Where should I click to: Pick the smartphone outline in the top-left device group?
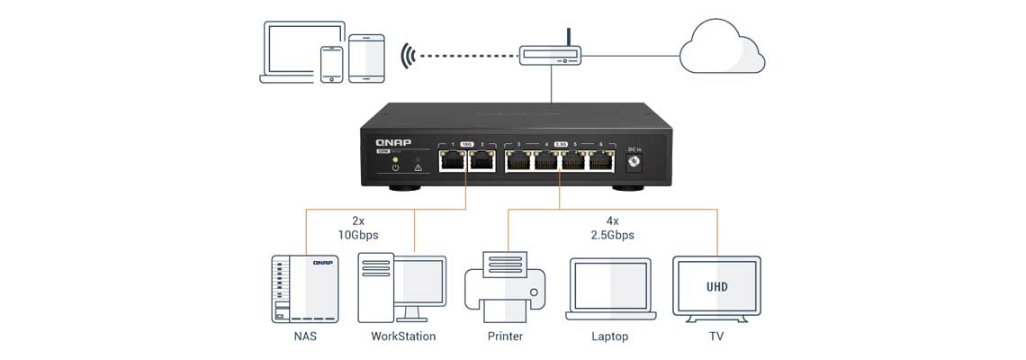coord(332,64)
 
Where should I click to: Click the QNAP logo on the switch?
coord(394,143)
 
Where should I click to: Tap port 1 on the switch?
coord(452,162)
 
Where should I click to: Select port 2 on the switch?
coord(480,162)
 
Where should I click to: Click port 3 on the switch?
coord(518,162)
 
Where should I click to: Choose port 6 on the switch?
coord(600,162)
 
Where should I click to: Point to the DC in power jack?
coord(634,162)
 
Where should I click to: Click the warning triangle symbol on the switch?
coord(418,167)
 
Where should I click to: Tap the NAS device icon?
coord(298,289)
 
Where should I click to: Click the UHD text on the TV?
coord(716,287)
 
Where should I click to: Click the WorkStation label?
coord(403,337)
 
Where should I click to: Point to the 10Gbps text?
coord(359,235)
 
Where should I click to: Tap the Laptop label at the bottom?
coord(609,337)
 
